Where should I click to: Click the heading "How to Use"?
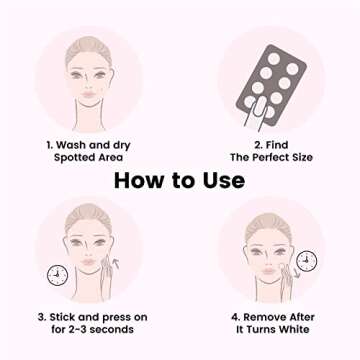179,180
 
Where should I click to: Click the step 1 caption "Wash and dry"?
88,145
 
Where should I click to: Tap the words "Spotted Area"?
88,158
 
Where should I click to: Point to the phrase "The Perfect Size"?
271,158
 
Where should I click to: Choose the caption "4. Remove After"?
271,316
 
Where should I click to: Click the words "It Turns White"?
271,329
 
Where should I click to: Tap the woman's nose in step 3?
88,258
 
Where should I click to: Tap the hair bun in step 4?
268,213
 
